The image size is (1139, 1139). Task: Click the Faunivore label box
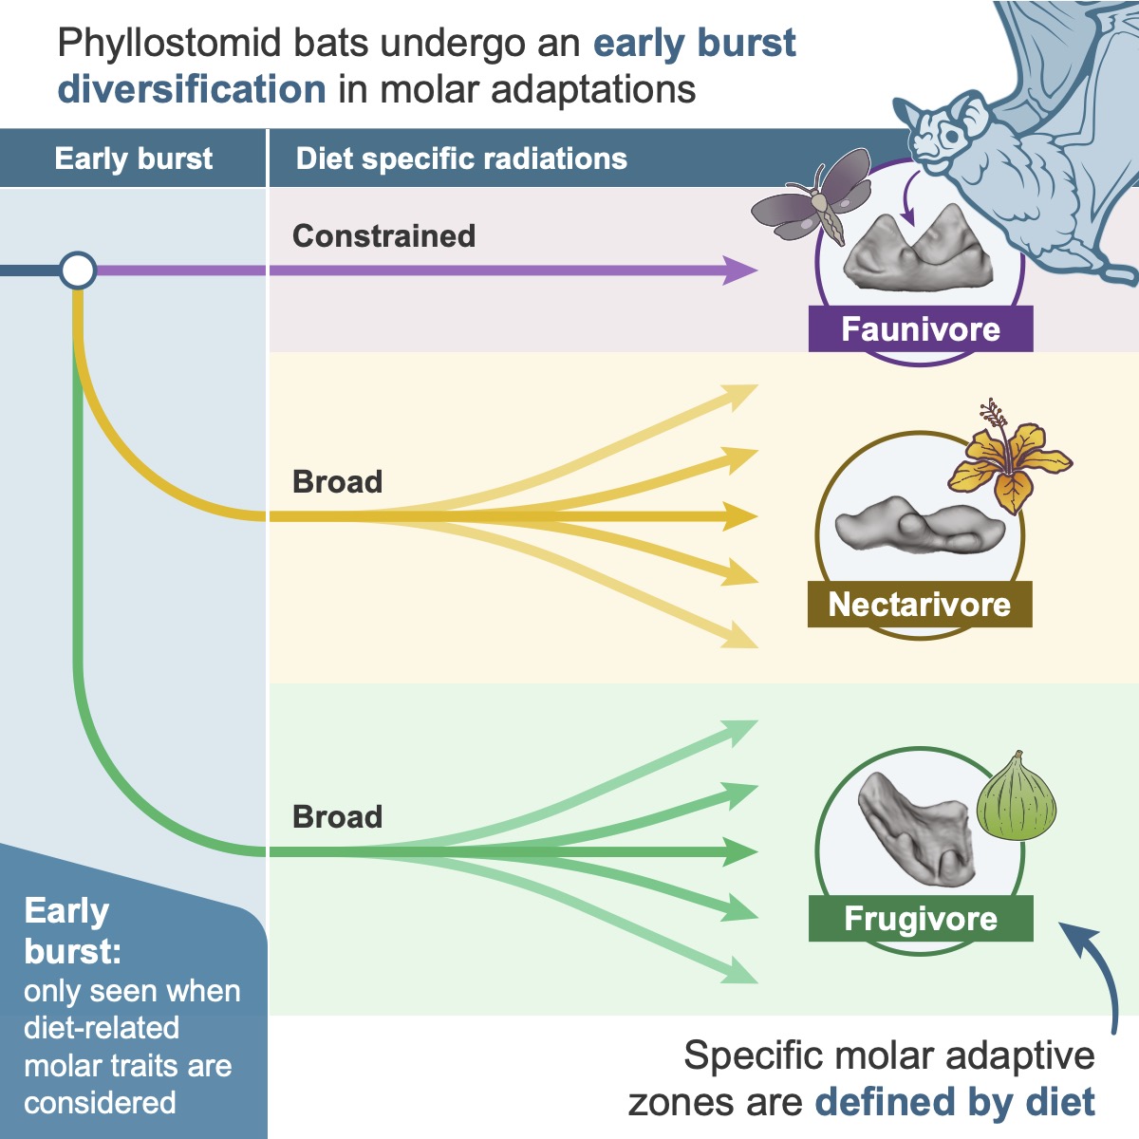coord(920,329)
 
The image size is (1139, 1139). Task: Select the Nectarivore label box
coord(919,605)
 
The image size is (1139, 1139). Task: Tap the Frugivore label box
coord(920,919)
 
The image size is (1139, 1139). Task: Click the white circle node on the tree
coord(78,271)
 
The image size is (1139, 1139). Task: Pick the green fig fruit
coord(1016,796)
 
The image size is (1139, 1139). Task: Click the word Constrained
coord(383,235)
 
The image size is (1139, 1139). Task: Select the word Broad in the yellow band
coord(337,481)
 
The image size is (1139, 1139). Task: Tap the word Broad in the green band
coord(337,816)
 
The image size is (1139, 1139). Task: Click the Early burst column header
coord(134,159)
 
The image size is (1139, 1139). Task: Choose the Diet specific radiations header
coord(461,159)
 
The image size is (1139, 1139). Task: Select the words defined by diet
coord(954,1102)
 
